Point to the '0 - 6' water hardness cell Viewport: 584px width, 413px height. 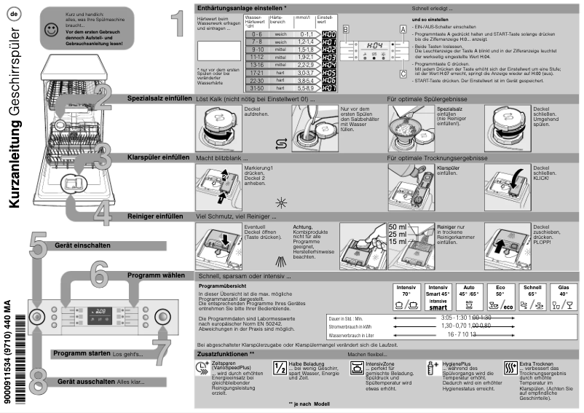pyautogui.click(x=256, y=34)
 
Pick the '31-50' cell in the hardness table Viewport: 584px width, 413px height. pyautogui.click(x=256, y=88)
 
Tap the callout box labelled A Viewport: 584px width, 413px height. pyautogui.click(x=402, y=28)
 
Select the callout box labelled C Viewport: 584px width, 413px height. pyautogui.click(x=402, y=73)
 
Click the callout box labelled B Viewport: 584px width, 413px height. pyautogui.click(x=346, y=28)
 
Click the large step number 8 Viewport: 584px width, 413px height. pyautogui.click(x=39, y=379)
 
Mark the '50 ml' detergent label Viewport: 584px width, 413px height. pyautogui.click(x=398, y=227)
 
